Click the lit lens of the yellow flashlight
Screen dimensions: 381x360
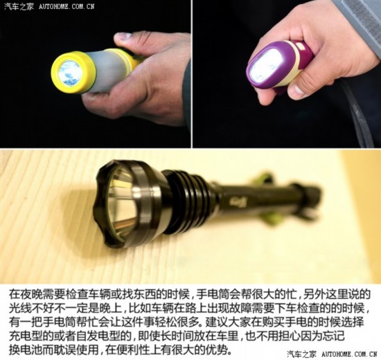tap(69, 73)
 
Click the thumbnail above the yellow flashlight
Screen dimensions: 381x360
tap(124, 36)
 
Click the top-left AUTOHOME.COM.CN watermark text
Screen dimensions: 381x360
tap(67, 6)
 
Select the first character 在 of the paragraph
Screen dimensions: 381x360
tap(14, 294)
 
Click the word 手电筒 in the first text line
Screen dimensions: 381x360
tap(212, 294)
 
